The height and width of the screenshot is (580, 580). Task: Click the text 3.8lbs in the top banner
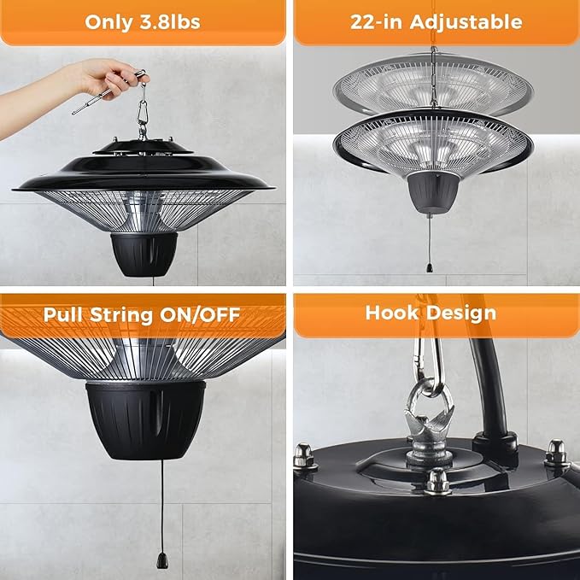pos(169,22)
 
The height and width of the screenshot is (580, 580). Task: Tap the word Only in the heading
pos(109,22)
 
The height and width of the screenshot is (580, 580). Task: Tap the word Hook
pos(394,313)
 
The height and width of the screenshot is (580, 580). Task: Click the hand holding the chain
pos(107,77)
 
